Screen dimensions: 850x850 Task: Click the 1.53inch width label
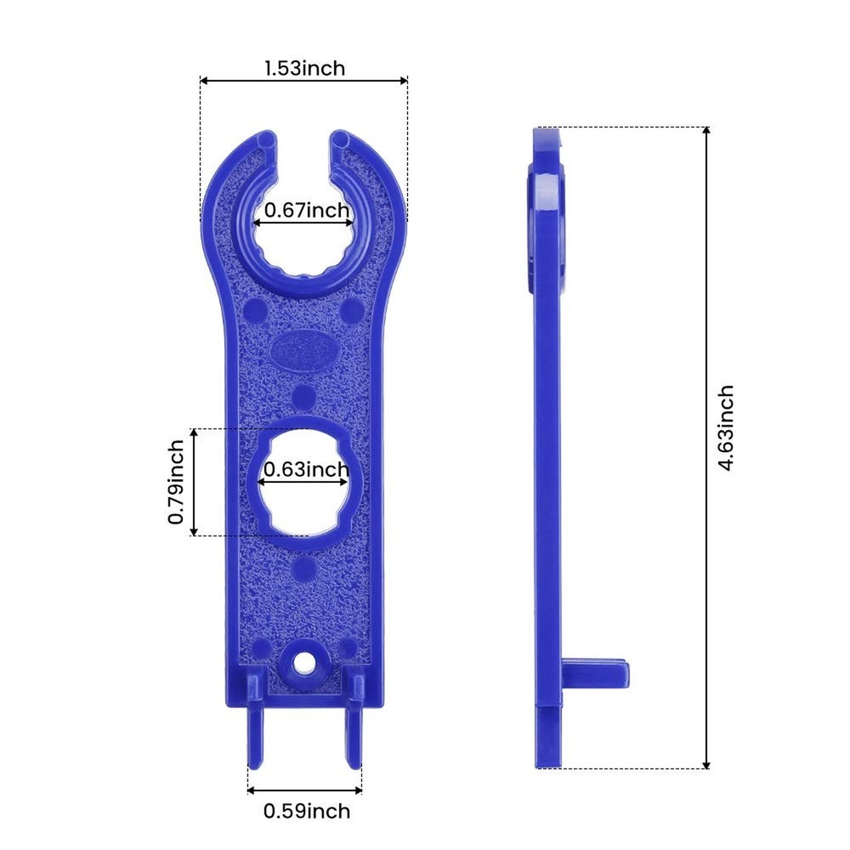304,68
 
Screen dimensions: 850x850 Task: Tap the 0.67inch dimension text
306,210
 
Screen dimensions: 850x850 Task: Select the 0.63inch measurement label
306,469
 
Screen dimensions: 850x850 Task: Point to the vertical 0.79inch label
176,482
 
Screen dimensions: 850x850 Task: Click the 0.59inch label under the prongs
306,811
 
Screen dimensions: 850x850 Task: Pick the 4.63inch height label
724,428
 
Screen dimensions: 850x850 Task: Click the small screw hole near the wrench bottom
302,662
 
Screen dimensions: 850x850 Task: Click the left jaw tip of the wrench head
266,138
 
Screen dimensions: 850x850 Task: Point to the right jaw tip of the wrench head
341,138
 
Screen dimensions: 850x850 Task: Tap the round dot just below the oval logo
303,396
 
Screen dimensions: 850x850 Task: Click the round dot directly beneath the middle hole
303,567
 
